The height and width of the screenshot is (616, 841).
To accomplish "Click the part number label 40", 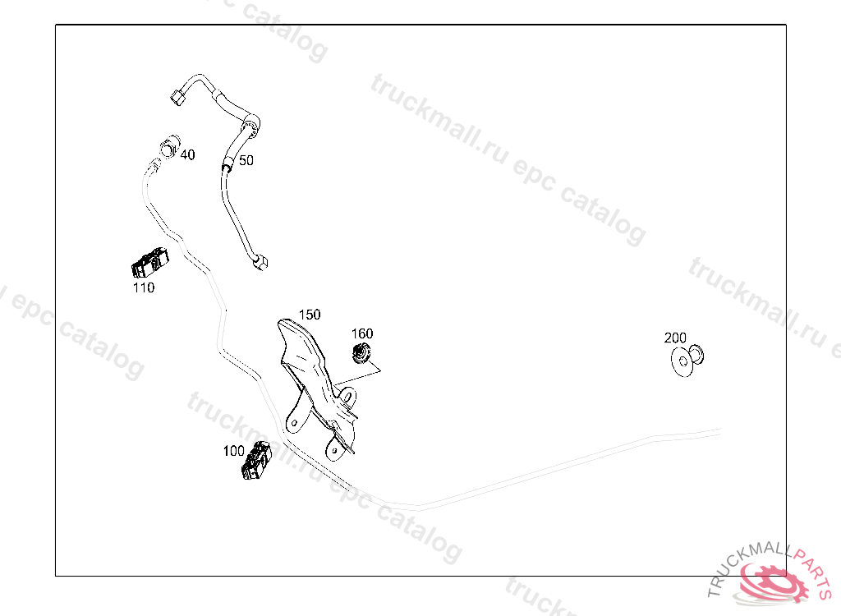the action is click(188, 154).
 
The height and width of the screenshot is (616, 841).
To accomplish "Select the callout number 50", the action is click(246, 160).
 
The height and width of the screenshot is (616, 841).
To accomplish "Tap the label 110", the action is click(144, 287).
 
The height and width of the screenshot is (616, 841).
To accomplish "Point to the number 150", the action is click(310, 315).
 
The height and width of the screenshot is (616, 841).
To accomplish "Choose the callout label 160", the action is click(362, 333).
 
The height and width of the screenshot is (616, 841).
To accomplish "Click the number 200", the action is click(675, 338).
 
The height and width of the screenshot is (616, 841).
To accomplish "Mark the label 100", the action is click(233, 451).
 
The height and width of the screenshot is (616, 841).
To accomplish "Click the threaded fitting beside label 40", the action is click(169, 146).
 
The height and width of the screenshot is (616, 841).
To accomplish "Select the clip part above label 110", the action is click(150, 262).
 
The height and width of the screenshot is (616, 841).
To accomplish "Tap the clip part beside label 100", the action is click(256, 461).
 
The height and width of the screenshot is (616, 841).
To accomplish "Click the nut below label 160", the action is click(361, 352).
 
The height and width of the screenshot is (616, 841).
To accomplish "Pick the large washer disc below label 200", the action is click(682, 361).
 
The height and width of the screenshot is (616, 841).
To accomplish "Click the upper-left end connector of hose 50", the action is click(178, 97).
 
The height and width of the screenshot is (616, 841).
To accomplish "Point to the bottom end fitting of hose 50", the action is click(260, 263).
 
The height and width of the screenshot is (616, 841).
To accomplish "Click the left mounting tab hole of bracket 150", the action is click(293, 423).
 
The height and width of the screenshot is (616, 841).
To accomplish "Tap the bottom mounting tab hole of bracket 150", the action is click(335, 451).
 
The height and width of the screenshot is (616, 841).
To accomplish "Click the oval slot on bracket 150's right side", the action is click(347, 398).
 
